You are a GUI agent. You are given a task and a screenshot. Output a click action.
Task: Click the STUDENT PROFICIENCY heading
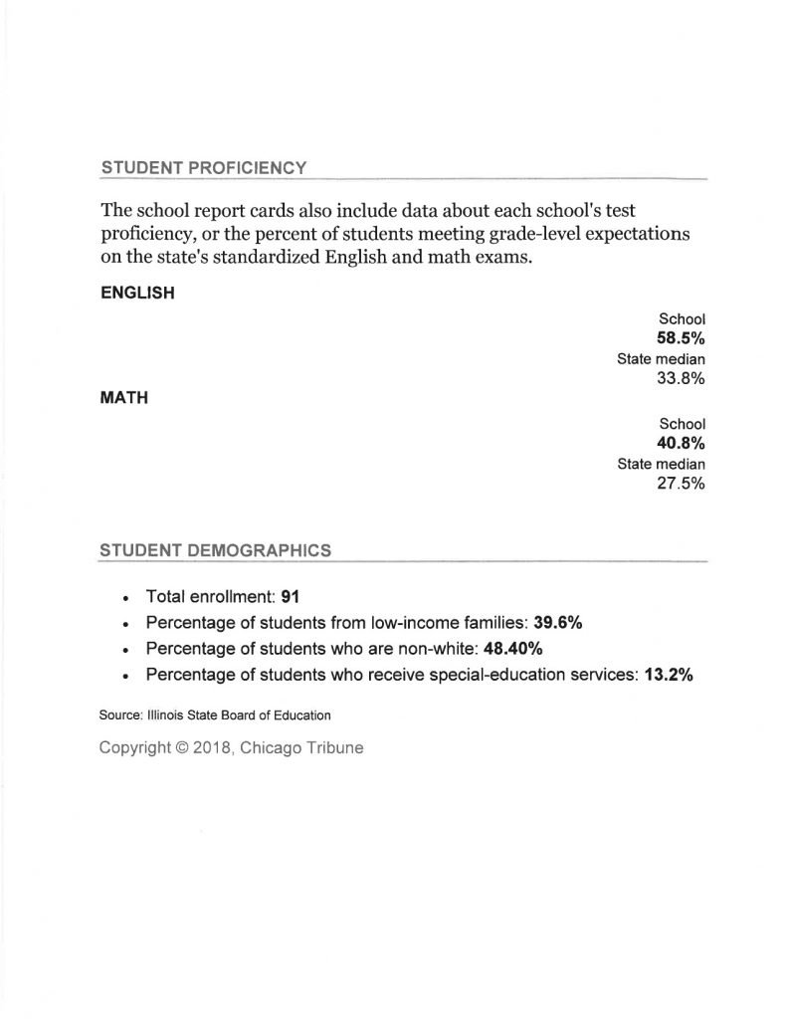click(x=203, y=168)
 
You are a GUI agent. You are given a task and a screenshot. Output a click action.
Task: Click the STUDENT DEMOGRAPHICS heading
click(x=216, y=549)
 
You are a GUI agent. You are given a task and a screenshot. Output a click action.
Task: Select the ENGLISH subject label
click(x=138, y=294)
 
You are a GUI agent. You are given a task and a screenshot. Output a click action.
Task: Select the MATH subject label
click(x=125, y=398)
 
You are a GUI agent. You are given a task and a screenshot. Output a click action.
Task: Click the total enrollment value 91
click(x=292, y=597)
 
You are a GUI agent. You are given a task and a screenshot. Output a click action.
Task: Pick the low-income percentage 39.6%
click(x=558, y=624)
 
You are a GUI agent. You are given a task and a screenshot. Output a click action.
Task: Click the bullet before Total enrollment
click(x=123, y=599)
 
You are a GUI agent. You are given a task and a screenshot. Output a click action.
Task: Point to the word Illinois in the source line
click(x=159, y=714)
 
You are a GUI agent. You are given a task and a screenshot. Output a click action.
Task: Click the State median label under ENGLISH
click(x=661, y=359)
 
